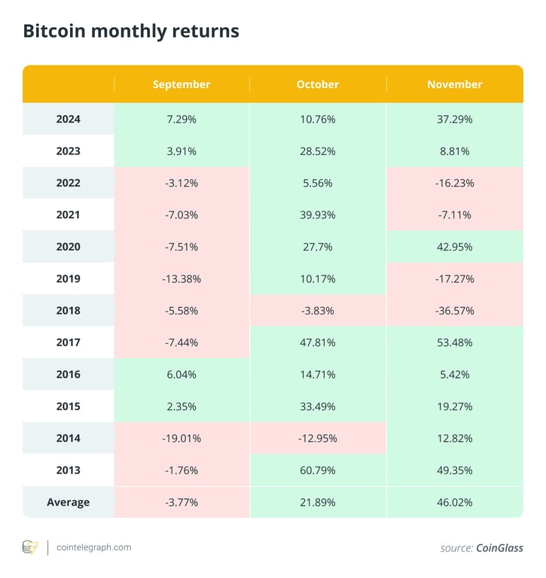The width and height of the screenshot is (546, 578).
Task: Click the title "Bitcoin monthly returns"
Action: pos(131,31)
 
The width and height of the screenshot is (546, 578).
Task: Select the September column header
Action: pos(181,84)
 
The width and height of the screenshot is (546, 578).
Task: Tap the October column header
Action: pos(318,84)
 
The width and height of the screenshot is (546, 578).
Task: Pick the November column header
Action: pos(455,84)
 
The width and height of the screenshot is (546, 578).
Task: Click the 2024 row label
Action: pos(68,119)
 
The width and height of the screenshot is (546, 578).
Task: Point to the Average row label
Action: pos(68,502)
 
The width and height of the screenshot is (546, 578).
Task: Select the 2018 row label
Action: pos(68,310)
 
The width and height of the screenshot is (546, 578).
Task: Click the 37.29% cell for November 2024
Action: pos(455,119)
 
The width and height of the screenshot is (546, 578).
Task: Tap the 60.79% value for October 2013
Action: pos(318,470)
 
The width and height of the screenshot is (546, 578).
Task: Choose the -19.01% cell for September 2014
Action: pos(181,438)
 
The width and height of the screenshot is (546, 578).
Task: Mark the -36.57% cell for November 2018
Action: pos(455,310)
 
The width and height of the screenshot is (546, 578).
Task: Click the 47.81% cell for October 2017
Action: pos(318,342)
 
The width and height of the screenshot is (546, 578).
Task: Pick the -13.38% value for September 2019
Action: pos(181,278)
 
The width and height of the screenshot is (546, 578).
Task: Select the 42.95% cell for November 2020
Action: pos(455,247)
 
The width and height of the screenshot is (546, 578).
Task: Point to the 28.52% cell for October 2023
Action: pos(318,151)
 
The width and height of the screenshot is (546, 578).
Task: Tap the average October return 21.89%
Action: pos(318,502)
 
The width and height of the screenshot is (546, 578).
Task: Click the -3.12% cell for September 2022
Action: pos(181,183)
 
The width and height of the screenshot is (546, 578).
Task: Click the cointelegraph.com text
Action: pos(94,547)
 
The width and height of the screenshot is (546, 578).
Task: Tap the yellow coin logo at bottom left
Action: pos(30,547)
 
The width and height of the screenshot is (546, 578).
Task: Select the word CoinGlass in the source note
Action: pos(499,548)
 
